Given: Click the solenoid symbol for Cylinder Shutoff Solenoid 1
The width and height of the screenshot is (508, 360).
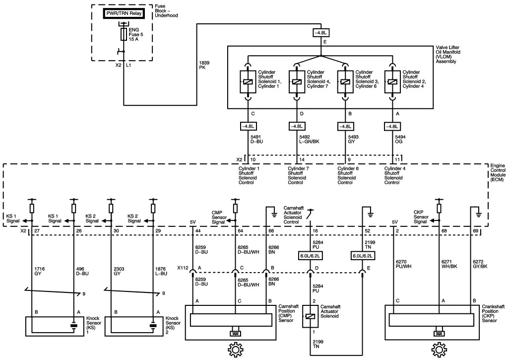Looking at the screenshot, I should [x=247, y=82].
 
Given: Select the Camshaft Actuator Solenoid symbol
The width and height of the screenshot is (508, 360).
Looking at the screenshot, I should [x=310, y=316].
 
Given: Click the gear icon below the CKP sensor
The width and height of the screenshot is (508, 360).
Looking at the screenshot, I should [x=439, y=351].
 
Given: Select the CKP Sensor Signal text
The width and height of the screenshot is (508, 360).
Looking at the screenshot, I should [x=422, y=217].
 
